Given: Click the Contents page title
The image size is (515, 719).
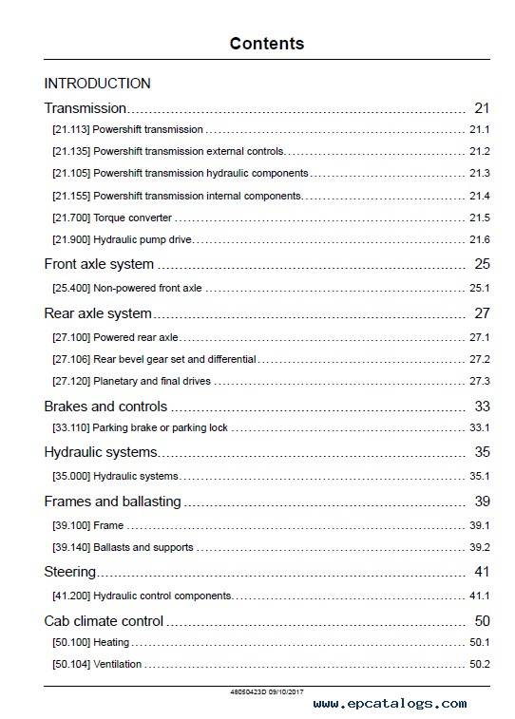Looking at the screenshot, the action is coord(267,44).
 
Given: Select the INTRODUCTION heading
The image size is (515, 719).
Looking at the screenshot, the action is coord(97,84).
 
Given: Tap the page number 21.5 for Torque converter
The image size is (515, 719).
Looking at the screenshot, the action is coord(479,218).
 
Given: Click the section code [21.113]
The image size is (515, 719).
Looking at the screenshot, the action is coord(70,129).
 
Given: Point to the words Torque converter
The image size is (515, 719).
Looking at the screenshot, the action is coord(132,218).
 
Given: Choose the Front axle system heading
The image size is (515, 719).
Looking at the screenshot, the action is coord(99,264).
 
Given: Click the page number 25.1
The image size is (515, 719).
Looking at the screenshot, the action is coord(479,288).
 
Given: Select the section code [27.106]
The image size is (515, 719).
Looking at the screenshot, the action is coord(71,359).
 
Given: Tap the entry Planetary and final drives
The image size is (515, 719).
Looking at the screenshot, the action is coord(152,381).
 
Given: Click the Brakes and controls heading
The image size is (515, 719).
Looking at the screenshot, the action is coord(105,407).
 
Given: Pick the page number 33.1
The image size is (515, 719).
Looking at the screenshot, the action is coord(479,427).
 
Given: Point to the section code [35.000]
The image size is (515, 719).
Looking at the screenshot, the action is coord(71,476).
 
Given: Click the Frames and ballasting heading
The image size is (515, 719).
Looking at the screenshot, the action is coord(113,501).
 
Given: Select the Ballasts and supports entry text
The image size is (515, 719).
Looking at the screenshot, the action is coord(143,547).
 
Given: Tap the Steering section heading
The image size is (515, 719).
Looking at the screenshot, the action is coord(70,572).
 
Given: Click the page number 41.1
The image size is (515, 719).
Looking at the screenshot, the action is coord(479,596).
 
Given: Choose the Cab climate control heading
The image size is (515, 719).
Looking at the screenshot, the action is coord(104,621).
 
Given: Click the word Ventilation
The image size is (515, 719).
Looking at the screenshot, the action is coord(118,664).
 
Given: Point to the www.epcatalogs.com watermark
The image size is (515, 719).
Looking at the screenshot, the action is coord(390,704).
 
